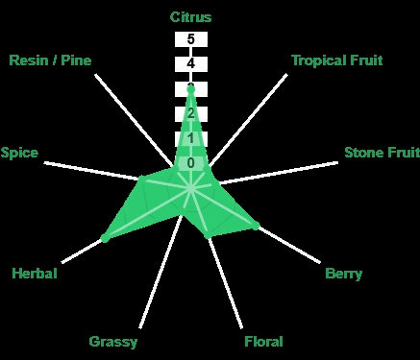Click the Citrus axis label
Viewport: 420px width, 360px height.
(x=190, y=17)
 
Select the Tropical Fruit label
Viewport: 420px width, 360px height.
(x=337, y=60)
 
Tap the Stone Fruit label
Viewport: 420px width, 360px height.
(x=382, y=153)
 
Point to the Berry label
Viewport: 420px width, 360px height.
(x=343, y=274)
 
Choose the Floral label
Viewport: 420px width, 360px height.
(x=263, y=342)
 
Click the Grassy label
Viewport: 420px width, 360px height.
(x=113, y=342)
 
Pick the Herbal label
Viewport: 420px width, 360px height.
(x=35, y=274)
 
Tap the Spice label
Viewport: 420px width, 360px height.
(x=19, y=153)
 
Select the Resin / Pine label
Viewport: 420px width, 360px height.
(x=50, y=60)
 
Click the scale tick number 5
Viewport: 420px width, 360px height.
(x=191, y=39)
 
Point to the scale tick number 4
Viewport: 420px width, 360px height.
(x=191, y=64)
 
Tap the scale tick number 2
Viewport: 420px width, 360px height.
(x=191, y=113)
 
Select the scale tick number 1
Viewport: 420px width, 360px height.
(x=191, y=138)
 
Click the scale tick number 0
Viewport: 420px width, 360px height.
(x=191, y=163)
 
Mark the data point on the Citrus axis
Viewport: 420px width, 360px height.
(x=191, y=89)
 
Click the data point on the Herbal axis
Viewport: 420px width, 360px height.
(x=105, y=238)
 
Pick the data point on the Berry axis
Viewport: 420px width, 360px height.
(x=256, y=226)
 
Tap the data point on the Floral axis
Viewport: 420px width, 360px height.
(x=208, y=235)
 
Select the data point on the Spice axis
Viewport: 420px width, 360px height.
(x=141, y=178)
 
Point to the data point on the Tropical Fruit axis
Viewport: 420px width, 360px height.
(x=207, y=169)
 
